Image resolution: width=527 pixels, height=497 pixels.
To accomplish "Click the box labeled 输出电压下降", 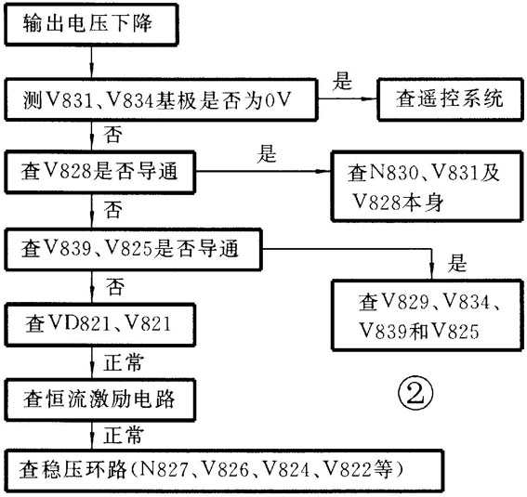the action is (x=91, y=24).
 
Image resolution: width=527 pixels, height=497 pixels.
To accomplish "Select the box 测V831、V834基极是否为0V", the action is (x=161, y=99).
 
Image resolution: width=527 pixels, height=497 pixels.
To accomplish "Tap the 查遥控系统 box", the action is (x=451, y=99).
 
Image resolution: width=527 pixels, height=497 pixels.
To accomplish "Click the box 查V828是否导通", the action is (x=99, y=172).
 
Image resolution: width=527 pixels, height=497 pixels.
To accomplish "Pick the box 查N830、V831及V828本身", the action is (x=428, y=187).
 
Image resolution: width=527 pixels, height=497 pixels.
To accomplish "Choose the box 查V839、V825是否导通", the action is (x=133, y=249).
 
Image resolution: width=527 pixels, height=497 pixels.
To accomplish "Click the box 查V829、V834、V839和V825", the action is (x=428, y=315).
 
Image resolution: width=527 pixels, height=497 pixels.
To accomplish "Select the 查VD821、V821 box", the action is (x=99, y=325).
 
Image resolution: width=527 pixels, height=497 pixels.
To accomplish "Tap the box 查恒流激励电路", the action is (x=99, y=400).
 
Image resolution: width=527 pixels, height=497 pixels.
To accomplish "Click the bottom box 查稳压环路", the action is (x=224, y=470).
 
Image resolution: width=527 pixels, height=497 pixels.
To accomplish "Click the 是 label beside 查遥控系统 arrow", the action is (x=342, y=82).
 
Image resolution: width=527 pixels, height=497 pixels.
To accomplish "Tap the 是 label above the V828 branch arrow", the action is (x=267, y=154).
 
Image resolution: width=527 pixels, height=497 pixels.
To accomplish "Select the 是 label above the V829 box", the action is (x=457, y=263).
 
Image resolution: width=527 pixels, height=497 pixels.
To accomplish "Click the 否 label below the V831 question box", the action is (x=113, y=135).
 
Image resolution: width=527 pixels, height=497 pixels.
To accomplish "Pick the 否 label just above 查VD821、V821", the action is (x=115, y=286).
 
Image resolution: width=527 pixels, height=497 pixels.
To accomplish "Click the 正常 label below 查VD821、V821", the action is (x=124, y=362).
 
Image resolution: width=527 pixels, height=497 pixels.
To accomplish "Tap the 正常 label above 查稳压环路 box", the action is (x=124, y=435).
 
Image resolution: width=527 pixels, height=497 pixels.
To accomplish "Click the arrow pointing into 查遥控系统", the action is (x=348, y=99).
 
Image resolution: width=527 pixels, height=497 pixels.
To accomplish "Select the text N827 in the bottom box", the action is (x=164, y=469).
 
